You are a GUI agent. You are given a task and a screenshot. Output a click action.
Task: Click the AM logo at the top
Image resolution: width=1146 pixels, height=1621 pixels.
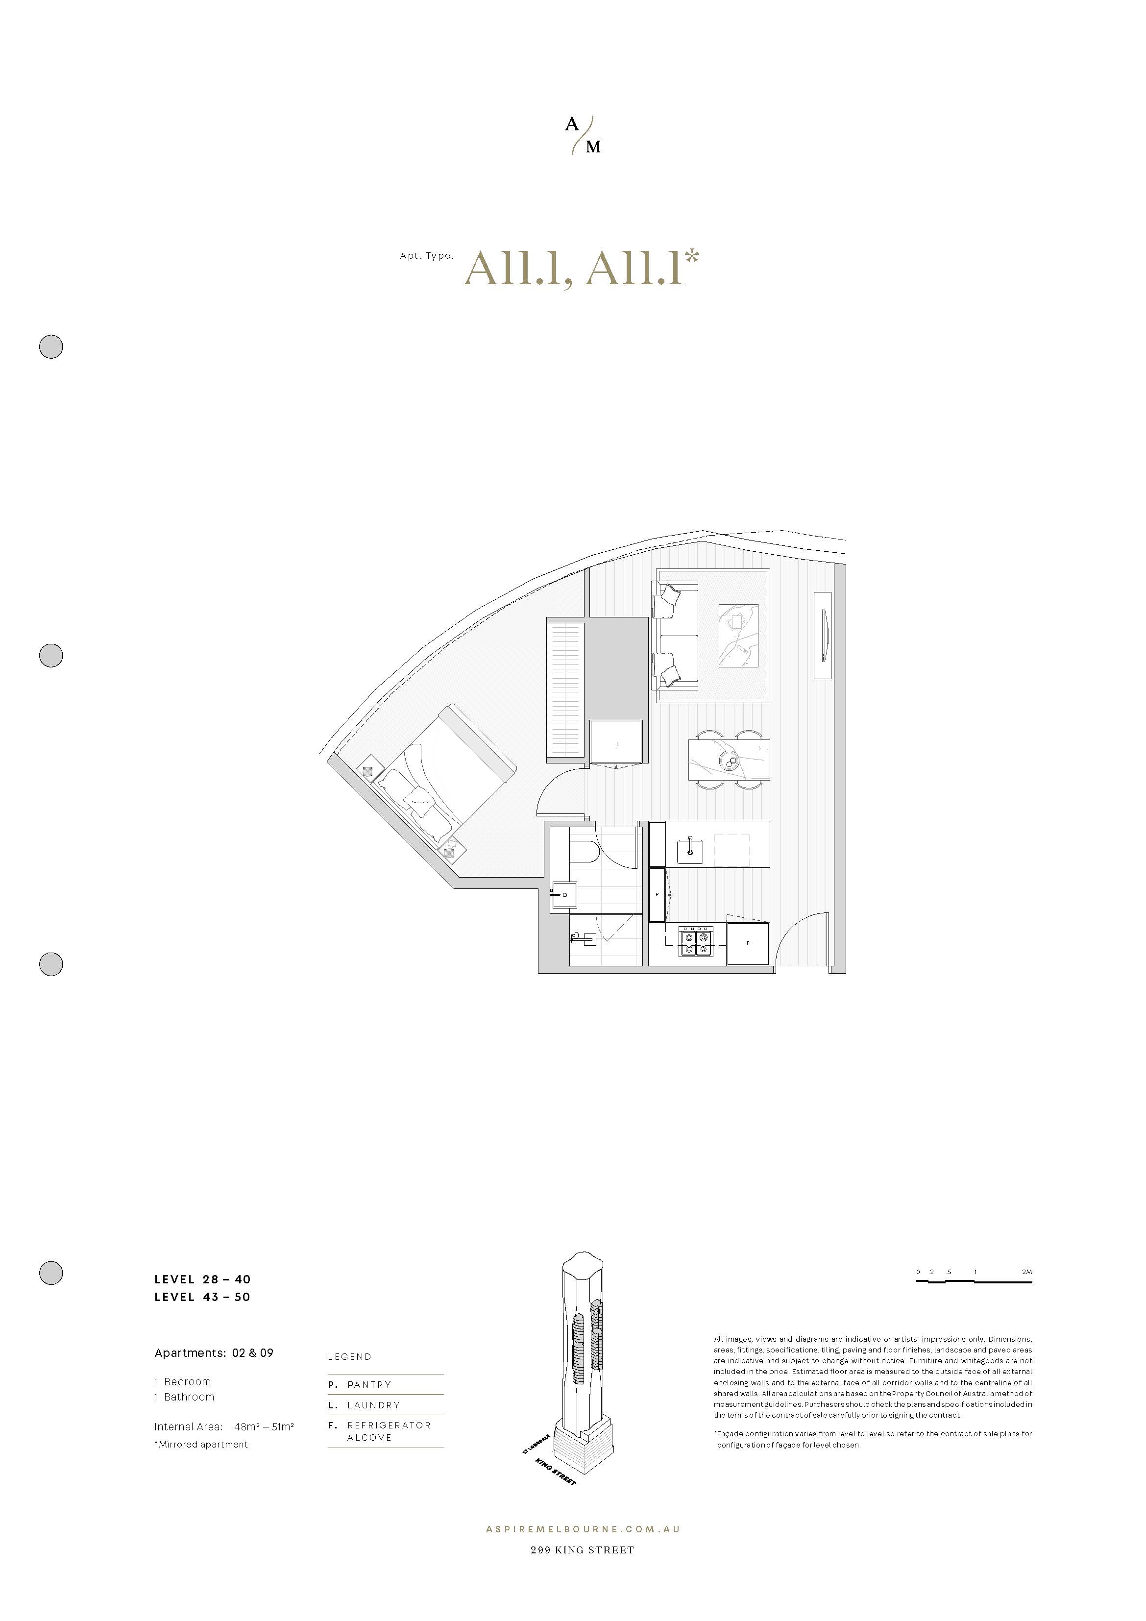pyautogui.click(x=583, y=136)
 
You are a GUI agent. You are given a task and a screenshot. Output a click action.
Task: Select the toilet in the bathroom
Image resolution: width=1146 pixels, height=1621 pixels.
pyautogui.click(x=584, y=852)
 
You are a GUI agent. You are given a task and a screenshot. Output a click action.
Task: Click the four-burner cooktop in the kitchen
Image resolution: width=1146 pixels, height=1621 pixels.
pyautogui.click(x=697, y=942)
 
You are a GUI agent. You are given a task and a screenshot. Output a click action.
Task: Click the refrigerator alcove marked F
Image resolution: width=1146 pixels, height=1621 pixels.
pyautogui.click(x=748, y=943)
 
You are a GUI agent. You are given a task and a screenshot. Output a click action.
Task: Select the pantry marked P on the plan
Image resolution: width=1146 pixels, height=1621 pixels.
pyautogui.click(x=657, y=894)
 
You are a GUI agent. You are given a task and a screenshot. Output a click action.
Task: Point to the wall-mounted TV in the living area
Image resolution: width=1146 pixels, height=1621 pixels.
pyautogui.click(x=823, y=636)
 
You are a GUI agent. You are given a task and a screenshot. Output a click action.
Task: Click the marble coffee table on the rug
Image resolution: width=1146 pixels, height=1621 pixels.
pyautogui.click(x=738, y=636)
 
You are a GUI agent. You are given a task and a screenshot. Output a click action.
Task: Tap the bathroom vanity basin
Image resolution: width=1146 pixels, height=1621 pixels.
pyautogui.click(x=564, y=895)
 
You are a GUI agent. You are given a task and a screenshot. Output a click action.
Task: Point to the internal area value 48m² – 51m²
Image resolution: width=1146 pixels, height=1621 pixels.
pyautogui.click(x=264, y=1427)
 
